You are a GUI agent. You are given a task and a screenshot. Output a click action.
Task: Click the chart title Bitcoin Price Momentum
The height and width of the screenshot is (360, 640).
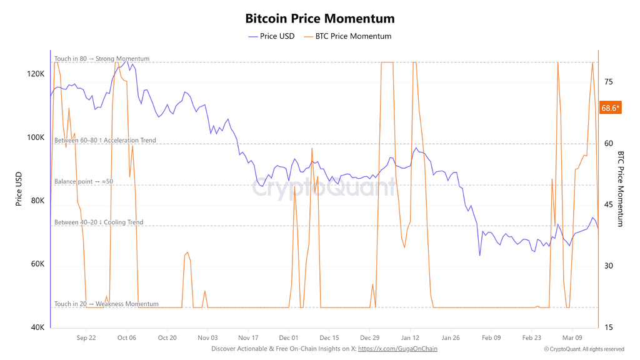[319, 18]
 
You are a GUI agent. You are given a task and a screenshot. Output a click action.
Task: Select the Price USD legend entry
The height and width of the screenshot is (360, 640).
[271, 36]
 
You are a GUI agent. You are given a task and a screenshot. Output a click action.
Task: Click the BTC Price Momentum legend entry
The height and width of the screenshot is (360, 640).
[347, 36]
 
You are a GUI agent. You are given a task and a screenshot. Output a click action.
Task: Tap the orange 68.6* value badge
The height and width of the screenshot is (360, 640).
[610, 107]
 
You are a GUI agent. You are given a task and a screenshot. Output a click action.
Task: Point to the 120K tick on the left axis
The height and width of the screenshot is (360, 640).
[36, 74]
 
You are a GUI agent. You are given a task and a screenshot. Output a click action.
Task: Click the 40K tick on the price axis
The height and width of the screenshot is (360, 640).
[37, 327]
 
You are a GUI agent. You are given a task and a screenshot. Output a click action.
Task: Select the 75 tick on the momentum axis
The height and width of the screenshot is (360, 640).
[609, 82]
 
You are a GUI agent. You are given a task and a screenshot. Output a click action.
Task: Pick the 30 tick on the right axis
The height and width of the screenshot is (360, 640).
[609, 266]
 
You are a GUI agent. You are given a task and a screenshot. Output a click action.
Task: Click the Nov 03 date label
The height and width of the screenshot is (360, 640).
[207, 337]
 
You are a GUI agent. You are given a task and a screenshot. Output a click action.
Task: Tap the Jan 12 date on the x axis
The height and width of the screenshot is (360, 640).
[410, 337]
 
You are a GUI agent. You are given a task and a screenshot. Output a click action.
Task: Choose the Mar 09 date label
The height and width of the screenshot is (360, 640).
[572, 337]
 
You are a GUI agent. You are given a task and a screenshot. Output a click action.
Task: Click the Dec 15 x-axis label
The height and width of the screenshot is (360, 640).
[329, 337]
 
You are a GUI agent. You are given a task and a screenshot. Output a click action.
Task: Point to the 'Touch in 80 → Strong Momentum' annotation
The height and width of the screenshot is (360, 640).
[102, 59]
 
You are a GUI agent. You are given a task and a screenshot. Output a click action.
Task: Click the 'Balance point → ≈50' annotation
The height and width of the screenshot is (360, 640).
[84, 182]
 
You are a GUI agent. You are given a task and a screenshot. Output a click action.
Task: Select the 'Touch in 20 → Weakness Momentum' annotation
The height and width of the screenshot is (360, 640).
[106, 304]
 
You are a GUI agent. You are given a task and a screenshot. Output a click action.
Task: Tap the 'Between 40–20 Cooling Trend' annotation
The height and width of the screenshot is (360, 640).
[99, 222]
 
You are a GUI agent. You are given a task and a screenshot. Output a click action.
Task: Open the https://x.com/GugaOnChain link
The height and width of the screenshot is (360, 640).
[397, 349]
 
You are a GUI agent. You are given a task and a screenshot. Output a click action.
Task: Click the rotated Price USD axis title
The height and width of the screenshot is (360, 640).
[19, 189]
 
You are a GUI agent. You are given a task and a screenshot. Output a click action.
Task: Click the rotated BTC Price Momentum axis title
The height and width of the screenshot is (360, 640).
[621, 189]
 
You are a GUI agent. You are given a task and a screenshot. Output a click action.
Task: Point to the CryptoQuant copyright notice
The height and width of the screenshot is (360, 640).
[584, 349]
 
